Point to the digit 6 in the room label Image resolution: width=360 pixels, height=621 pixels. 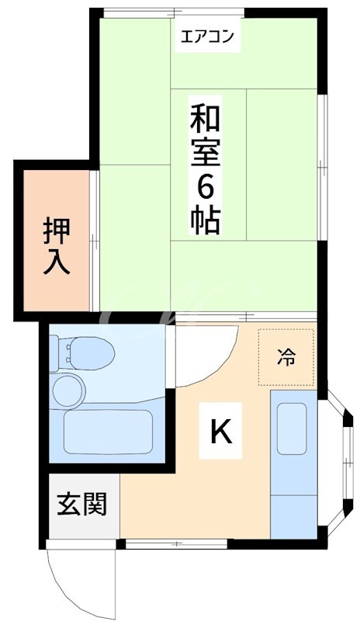tap(206, 185)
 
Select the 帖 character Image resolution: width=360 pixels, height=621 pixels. tap(206, 219)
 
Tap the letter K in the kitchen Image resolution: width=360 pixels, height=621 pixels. tap(221, 432)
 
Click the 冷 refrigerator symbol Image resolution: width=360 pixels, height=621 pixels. tap(286, 357)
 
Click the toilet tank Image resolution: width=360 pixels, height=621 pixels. tap(58, 350)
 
